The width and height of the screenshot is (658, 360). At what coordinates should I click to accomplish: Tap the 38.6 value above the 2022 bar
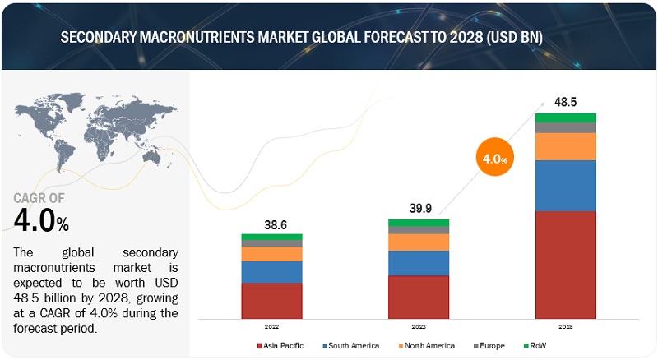271,223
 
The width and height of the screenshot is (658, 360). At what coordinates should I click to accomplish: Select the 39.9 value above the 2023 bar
419,208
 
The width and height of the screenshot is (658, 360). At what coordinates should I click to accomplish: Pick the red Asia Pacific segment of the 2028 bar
565,264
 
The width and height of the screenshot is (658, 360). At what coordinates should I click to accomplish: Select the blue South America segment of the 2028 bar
565,185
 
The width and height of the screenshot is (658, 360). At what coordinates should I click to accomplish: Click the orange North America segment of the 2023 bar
419,242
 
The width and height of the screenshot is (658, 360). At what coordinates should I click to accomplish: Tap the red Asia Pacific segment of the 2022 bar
271,300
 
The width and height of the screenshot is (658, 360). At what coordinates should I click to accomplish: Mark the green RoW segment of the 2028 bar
565,118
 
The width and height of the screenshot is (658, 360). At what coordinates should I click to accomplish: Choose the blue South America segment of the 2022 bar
271,272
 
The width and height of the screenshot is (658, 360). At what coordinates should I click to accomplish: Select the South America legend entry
350,346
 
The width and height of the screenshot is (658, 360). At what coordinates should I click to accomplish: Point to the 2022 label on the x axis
271,325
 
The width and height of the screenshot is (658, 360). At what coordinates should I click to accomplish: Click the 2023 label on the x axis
419,325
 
